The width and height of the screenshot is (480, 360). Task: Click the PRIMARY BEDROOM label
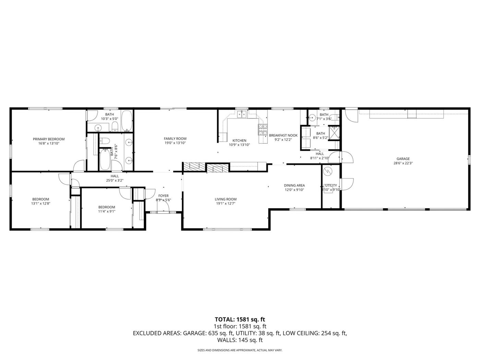point(49,139)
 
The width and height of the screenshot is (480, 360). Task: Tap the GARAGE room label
point(403,159)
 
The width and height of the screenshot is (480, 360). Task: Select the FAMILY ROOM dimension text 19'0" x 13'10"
point(175,143)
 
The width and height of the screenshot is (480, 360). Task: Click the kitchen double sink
point(242,114)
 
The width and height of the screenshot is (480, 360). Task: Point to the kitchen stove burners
point(263,129)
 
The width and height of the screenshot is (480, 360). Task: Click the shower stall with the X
point(334,133)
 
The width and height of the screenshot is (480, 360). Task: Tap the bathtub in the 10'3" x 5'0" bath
point(127,121)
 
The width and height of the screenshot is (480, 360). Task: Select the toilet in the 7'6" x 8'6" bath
point(105,141)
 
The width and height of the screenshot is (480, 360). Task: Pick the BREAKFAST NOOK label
point(283,135)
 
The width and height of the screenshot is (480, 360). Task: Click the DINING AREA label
point(294,185)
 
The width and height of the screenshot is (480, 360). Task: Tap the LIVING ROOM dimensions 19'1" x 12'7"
point(226,204)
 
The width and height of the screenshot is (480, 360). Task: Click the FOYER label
point(163,196)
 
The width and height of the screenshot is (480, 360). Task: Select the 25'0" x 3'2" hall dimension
point(115,180)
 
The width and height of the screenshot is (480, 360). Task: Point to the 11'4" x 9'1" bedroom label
point(107,207)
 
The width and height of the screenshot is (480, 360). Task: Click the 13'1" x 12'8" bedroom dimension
point(41,204)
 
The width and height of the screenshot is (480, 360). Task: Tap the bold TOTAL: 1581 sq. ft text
point(240,320)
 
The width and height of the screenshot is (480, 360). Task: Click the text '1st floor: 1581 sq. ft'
point(240,326)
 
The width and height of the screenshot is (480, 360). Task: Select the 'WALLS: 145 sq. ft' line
point(240,340)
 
